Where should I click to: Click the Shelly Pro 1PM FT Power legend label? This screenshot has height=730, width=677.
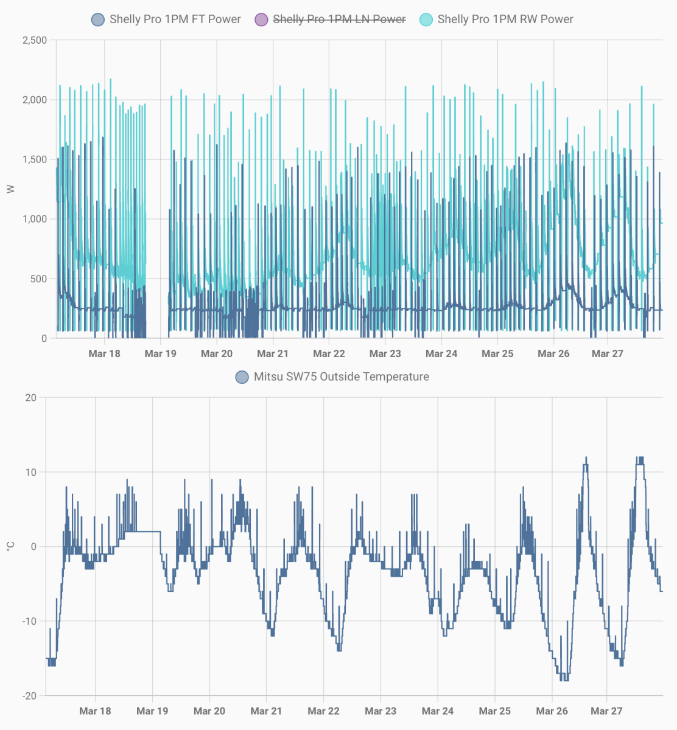(x=175, y=19)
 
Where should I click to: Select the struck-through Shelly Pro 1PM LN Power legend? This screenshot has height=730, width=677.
(x=339, y=19)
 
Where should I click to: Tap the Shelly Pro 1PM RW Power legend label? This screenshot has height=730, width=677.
(x=505, y=19)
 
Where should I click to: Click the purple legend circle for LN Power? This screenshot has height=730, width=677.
(x=261, y=19)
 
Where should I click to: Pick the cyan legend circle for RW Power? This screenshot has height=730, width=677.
(x=426, y=19)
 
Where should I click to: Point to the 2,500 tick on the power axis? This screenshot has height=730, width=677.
(x=35, y=40)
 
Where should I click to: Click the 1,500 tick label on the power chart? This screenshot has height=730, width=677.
(x=35, y=159)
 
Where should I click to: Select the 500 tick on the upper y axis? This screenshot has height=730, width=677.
(x=40, y=279)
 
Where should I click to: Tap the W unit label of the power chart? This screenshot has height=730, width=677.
(x=10, y=189)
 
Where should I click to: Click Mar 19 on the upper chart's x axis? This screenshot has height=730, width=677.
(x=160, y=353)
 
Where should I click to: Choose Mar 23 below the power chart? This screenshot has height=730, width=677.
(x=385, y=353)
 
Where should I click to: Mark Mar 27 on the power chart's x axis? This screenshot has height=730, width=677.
(x=608, y=353)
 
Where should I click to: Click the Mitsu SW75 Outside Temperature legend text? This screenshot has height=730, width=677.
(x=341, y=377)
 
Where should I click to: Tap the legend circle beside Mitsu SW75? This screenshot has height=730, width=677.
(x=242, y=377)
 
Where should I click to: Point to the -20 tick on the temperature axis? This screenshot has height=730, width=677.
(x=29, y=696)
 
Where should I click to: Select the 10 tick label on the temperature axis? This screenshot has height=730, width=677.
(x=31, y=472)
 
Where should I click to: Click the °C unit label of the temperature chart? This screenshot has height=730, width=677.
(x=10, y=546)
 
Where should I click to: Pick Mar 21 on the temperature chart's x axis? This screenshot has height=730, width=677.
(x=267, y=711)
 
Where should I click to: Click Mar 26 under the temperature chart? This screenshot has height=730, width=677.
(x=552, y=711)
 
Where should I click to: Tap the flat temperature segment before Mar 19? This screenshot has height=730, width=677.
(x=146, y=532)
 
